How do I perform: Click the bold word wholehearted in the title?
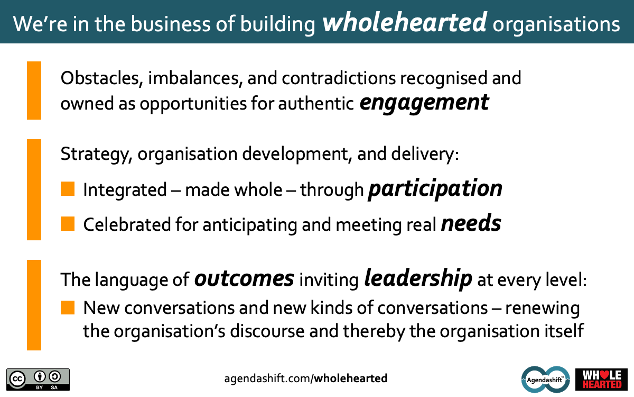coord(405,22)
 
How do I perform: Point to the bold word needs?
coord(471,223)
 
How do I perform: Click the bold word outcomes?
coord(244,279)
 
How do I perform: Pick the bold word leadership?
coord(418,279)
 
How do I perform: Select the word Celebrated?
coord(127,224)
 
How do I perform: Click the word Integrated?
coord(125,190)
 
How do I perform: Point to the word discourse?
coord(267,331)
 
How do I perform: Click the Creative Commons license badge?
coord(38,380)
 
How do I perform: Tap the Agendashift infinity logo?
coord(545,380)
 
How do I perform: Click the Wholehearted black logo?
coord(601,380)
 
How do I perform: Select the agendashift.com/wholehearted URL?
coord(306,378)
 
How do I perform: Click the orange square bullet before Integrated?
coord(68,189)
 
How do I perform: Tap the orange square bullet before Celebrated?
coord(68,224)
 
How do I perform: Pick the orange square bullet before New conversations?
coord(68,308)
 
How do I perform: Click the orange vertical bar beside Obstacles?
coord(34,91)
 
